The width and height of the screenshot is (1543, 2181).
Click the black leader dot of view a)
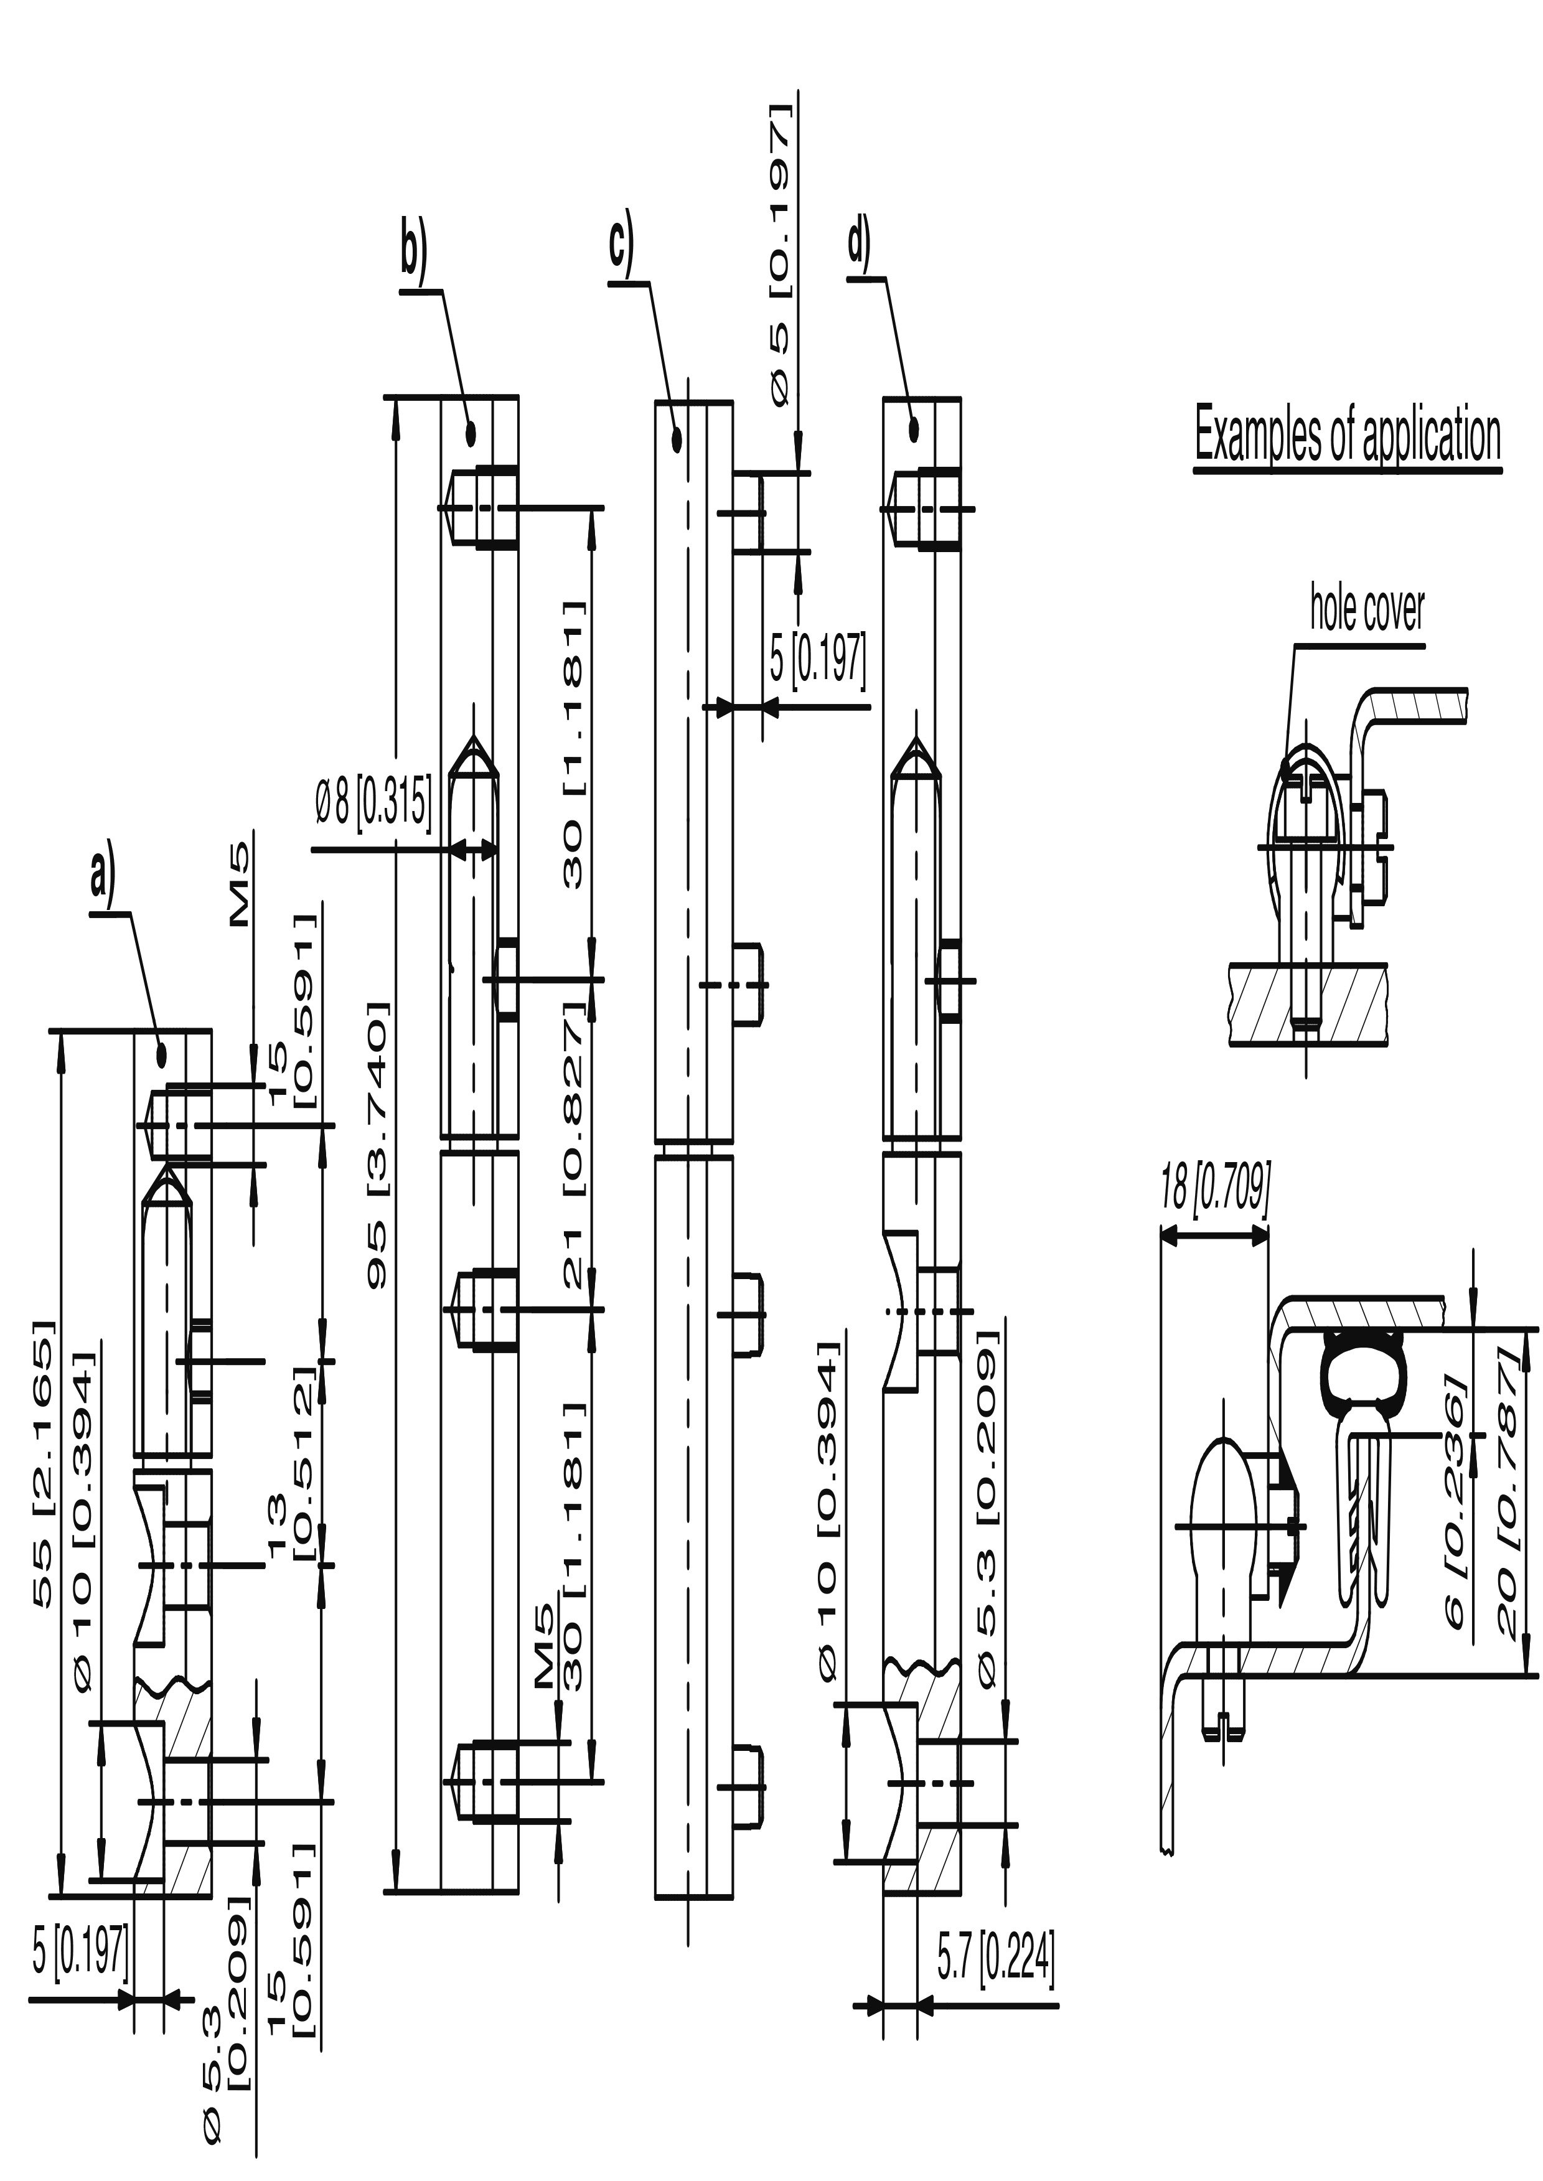click(162, 1053)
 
